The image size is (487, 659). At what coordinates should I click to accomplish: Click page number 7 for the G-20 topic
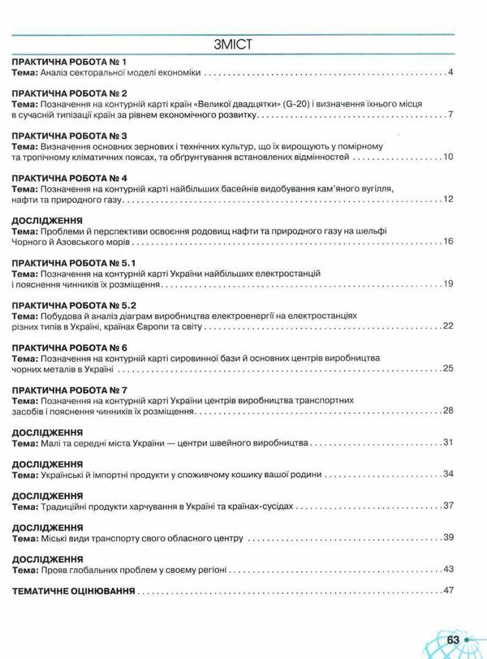(449, 115)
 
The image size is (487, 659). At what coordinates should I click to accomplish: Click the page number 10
(446, 157)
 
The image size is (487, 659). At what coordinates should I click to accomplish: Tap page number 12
(446, 199)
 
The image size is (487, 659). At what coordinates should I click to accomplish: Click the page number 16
(446, 242)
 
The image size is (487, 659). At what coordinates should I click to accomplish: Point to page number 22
(446, 325)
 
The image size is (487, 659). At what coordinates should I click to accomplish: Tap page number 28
(446, 411)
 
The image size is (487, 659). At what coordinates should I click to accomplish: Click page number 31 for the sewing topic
(446, 444)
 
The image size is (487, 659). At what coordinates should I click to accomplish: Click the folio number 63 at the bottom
(452, 640)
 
